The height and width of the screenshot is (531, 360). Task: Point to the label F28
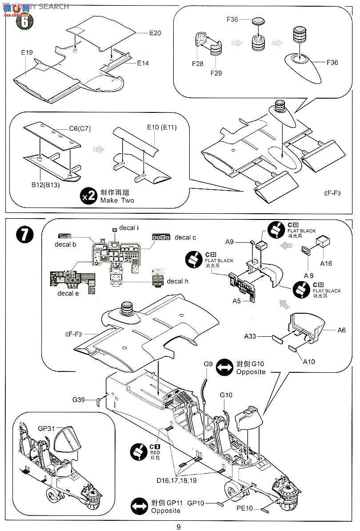click(197, 64)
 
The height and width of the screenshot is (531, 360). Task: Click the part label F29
click(216, 72)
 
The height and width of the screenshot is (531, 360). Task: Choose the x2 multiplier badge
click(89, 196)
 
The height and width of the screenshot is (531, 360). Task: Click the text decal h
click(177, 281)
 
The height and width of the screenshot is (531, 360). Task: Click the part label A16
click(326, 264)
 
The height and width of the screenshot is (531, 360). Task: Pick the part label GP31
click(45, 429)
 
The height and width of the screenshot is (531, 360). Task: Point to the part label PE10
click(244, 508)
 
